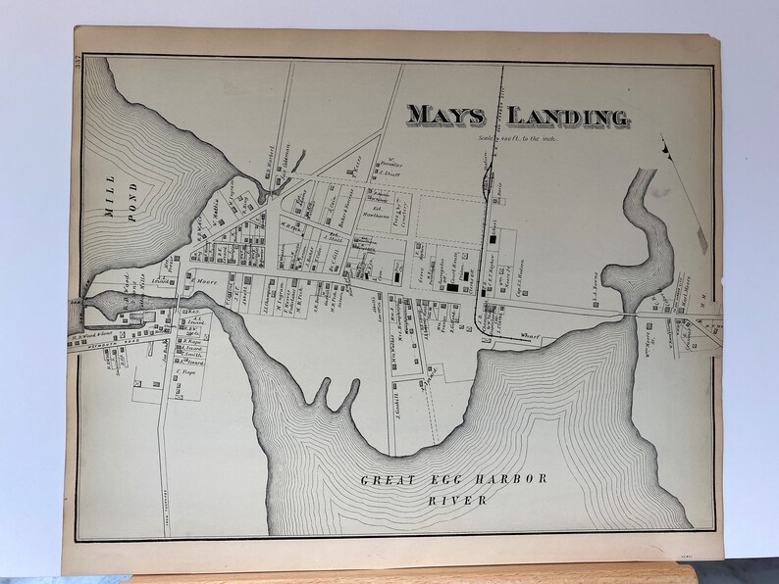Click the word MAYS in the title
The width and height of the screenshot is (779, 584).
[x=446, y=116]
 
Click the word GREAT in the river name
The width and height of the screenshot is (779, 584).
[x=388, y=480]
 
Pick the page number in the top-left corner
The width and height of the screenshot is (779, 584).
[x=77, y=65]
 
